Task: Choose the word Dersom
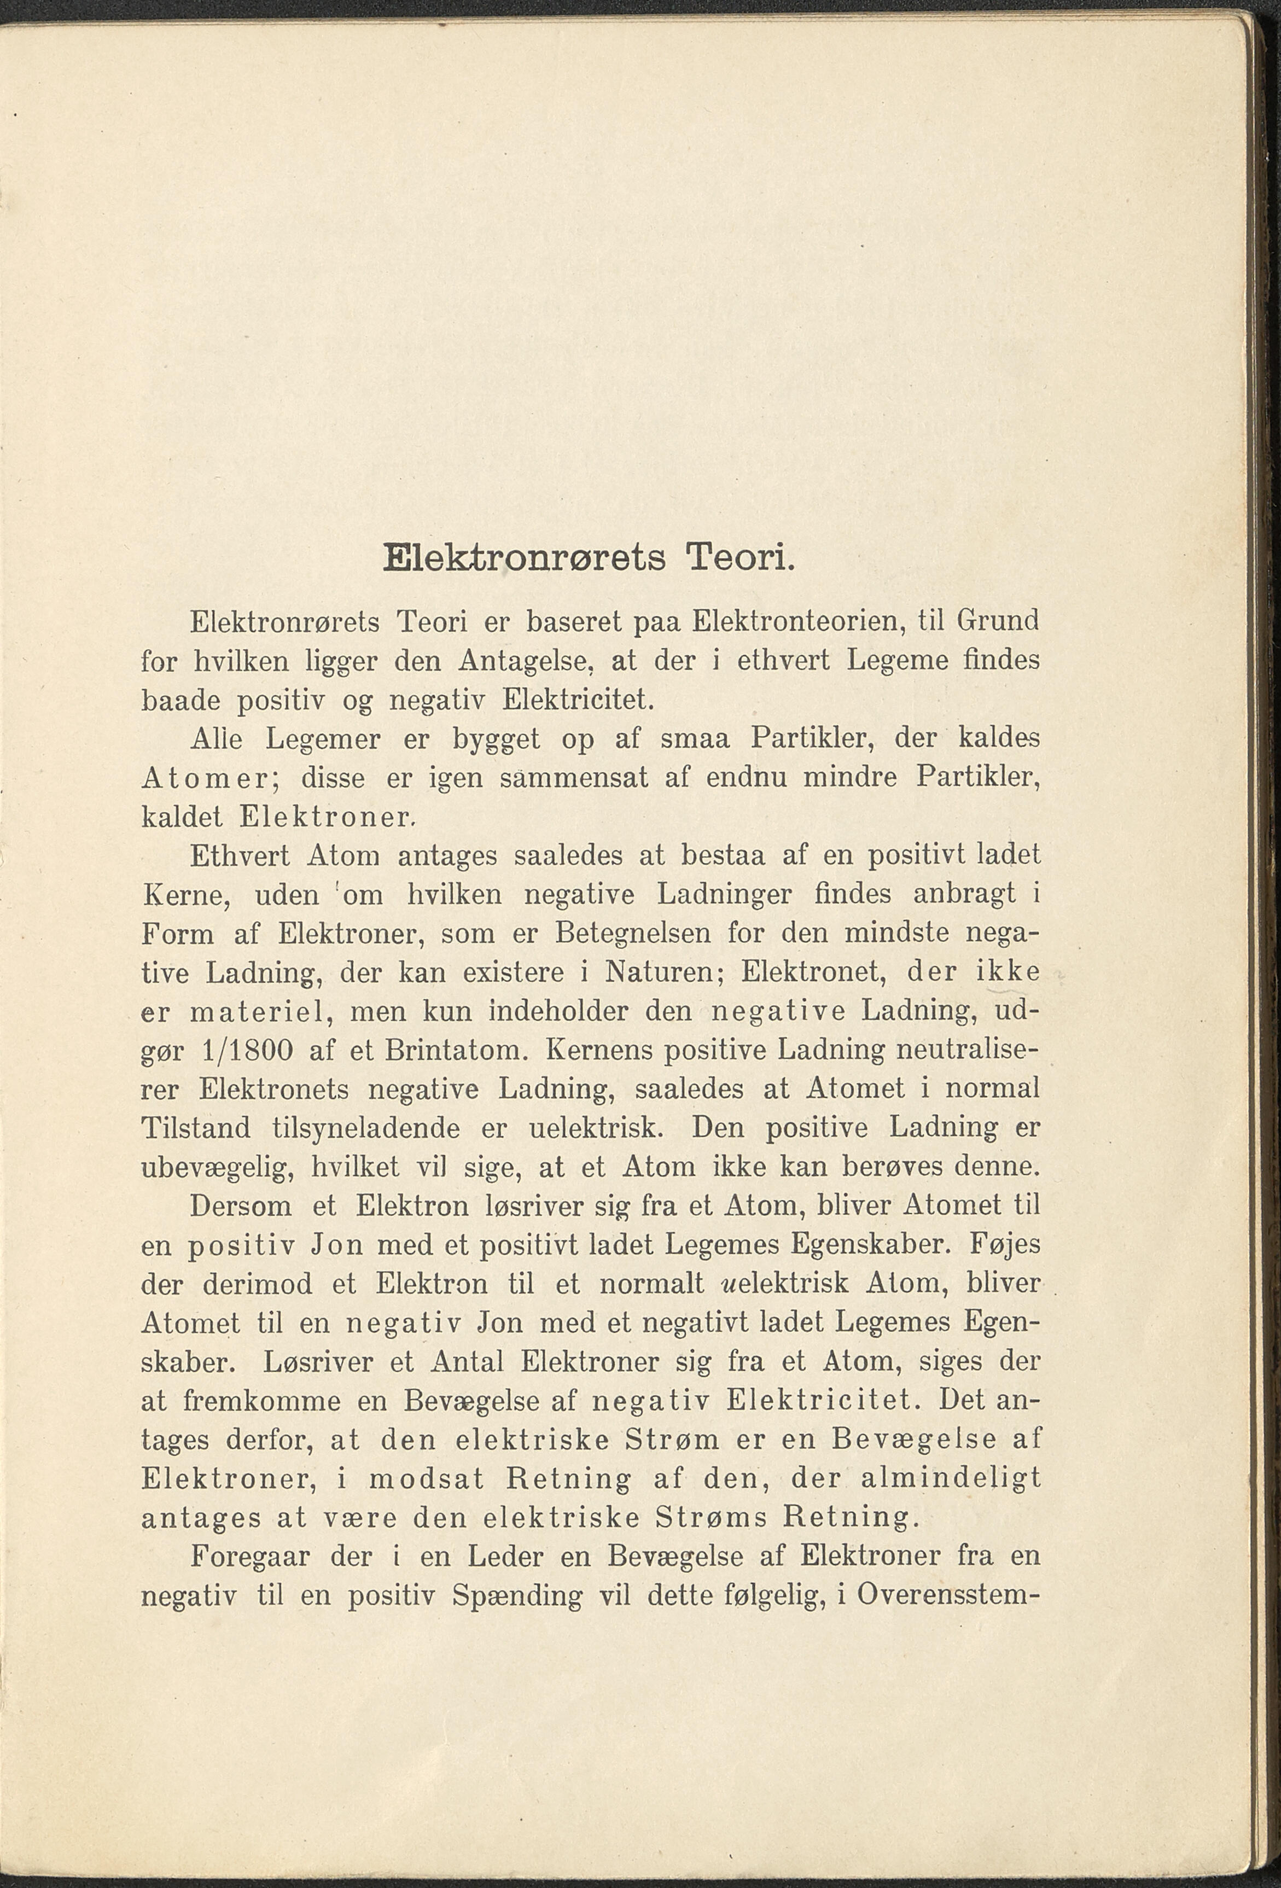point(241,1207)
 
